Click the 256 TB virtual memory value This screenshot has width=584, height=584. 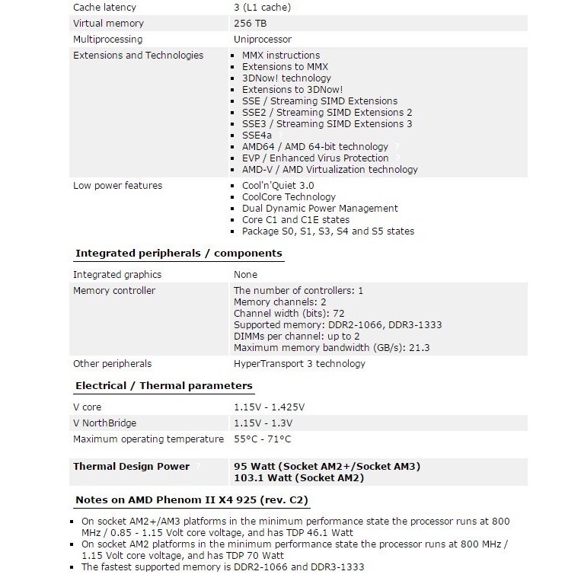251,24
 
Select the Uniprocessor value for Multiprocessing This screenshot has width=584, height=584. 263,39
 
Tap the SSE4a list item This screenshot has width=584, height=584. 256,135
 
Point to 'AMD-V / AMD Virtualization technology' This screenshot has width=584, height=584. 330,170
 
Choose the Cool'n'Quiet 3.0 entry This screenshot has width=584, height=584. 278,185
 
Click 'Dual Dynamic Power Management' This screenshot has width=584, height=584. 320,208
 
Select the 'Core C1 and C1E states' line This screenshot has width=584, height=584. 295,219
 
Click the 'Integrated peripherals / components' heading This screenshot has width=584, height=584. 179,254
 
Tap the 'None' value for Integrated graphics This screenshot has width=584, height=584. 245,274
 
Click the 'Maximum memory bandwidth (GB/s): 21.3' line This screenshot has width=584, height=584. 331,347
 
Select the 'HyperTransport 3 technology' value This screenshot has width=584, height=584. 299,363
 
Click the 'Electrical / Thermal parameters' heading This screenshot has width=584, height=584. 164,386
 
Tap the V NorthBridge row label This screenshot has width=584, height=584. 104,423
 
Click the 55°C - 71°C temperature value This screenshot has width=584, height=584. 262,439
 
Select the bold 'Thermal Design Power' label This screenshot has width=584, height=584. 131,467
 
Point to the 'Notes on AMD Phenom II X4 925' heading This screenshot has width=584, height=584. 191,500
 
